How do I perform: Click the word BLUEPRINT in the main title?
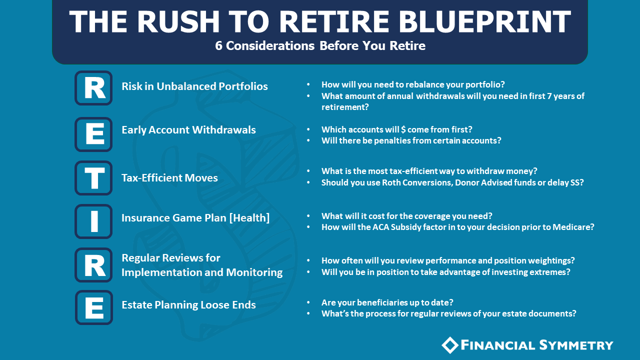point(484,21)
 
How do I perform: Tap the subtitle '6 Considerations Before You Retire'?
point(320,45)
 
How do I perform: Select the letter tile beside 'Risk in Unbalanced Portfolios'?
point(93,88)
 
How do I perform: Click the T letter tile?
point(93,177)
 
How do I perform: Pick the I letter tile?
point(93,221)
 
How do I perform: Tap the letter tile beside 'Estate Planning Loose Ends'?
point(94,307)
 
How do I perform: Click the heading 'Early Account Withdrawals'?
point(188,130)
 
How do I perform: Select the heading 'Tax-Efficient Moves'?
point(169,178)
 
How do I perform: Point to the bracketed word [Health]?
point(249,218)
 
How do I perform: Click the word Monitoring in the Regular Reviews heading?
point(254,272)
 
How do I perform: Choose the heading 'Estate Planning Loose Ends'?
point(188,305)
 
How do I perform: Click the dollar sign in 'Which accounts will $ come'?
point(403,129)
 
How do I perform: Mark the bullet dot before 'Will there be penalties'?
point(308,140)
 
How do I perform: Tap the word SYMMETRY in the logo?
point(576,345)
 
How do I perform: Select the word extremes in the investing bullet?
point(547,272)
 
